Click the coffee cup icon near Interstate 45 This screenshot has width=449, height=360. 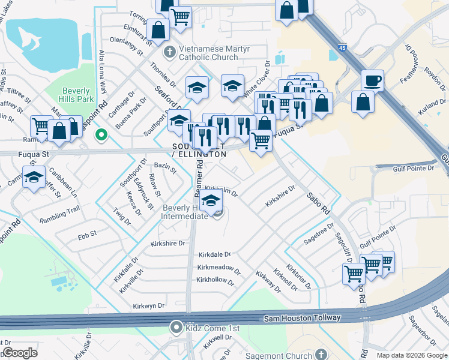point(372,80)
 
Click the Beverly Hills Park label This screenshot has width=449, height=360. point(76,94)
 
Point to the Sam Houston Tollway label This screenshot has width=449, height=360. point(302,318)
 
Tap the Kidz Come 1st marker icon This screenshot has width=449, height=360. point(176,328)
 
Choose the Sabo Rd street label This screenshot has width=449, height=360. point(318,203)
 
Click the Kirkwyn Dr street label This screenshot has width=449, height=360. point(149,306)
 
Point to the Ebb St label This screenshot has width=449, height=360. point(86,232)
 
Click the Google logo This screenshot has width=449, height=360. point(20,353)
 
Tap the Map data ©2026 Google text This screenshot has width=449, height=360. point(411,355)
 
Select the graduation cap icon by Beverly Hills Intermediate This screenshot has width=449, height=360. point(211,202)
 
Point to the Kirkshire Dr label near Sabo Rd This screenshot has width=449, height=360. point(280,196)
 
